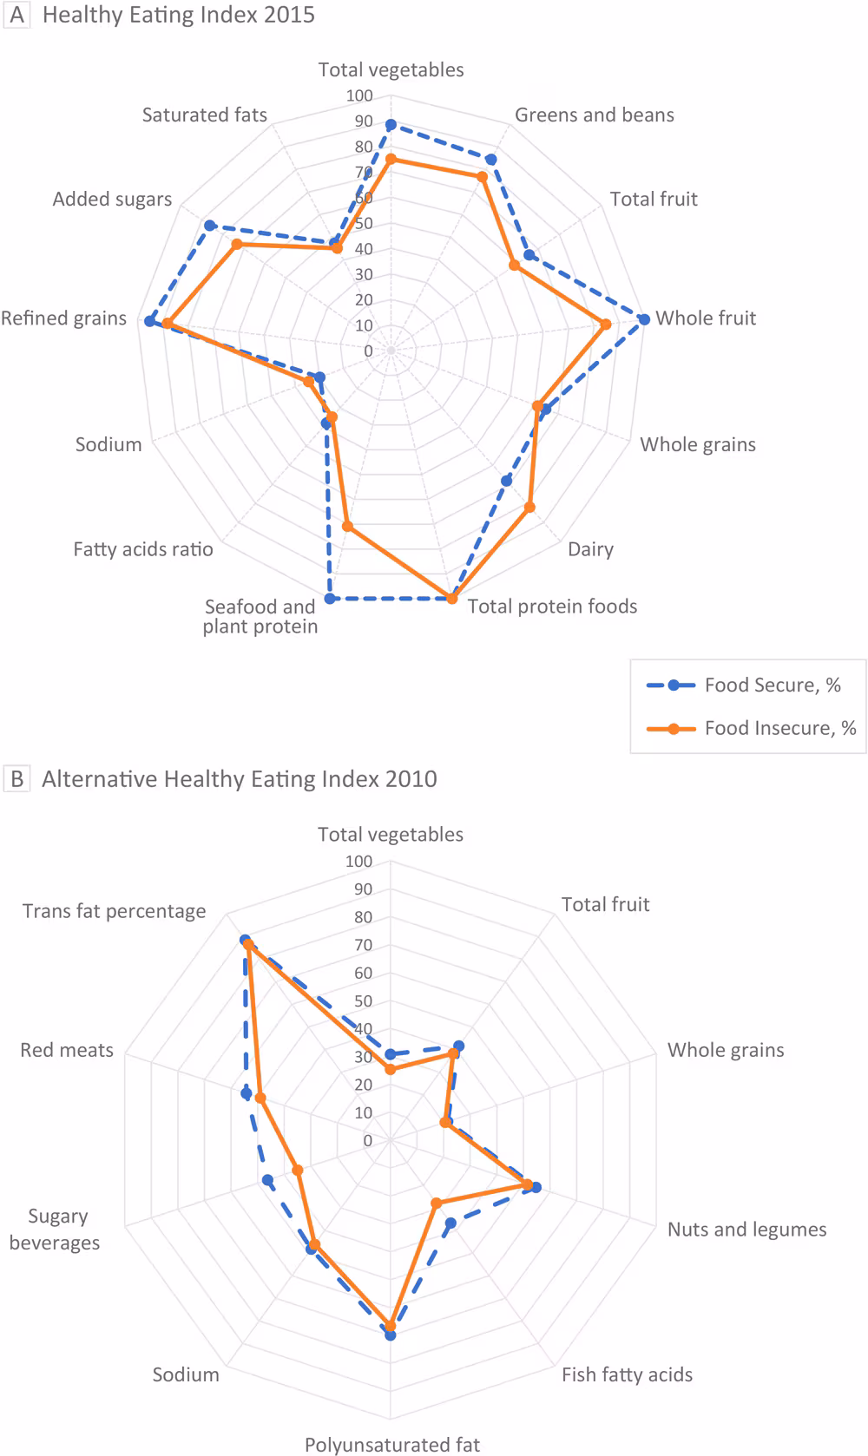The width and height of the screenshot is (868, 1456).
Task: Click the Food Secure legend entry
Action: (744, 685)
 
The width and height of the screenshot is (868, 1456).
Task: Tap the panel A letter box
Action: (16, 15)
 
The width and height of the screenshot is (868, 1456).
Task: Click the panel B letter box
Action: (16, 778)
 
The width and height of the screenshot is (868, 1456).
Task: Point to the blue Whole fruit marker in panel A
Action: (644, 319)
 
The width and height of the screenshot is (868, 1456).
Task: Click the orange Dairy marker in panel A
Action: (529, 508)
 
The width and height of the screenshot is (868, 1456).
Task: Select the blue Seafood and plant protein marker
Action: (330, 598)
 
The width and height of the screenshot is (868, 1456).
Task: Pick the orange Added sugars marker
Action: (236, 246)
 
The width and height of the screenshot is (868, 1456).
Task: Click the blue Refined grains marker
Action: (149, 322)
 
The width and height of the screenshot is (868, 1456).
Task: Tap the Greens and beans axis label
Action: (594, 115)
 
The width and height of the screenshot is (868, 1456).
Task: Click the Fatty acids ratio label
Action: (143, 549)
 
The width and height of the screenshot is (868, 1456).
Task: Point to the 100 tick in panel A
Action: (359, 96)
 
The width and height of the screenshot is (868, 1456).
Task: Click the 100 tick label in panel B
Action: (358, 862)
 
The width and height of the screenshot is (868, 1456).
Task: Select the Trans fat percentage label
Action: (115, 911)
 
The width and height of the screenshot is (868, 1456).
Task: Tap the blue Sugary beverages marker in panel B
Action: (267, 1180)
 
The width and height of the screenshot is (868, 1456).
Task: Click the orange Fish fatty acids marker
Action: (437, 1203)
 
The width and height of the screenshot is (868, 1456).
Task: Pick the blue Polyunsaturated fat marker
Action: (391, 1335)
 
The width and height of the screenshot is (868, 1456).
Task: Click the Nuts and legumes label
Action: (746, 1230)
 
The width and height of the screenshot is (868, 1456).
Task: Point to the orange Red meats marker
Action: (260, 1099)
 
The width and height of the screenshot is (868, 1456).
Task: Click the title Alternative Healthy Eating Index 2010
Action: (240, 779)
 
